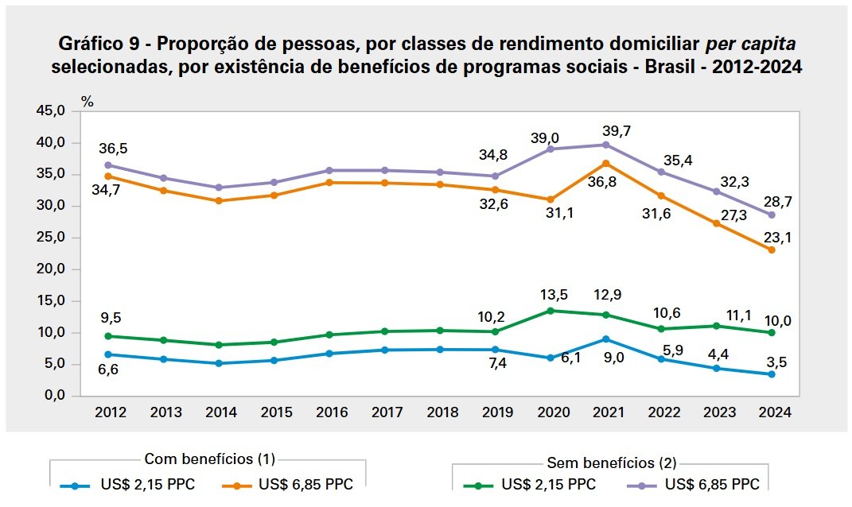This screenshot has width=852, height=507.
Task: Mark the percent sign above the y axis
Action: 88,102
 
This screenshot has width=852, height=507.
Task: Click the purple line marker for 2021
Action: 605,145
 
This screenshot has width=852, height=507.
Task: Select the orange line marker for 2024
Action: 771,250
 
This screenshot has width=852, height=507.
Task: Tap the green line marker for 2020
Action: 550,311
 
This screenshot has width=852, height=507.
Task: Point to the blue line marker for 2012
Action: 108,354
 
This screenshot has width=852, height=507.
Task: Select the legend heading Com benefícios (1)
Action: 209,459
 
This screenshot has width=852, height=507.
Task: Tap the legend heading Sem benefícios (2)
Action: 612,462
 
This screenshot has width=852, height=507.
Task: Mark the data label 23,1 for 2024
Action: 774,235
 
